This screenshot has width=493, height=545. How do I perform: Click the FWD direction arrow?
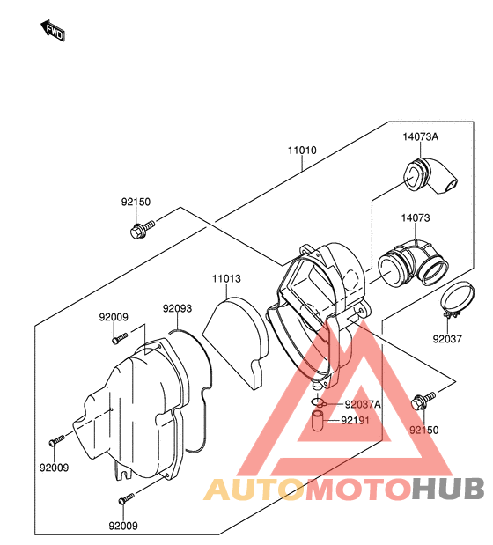53,31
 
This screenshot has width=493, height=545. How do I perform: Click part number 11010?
302,151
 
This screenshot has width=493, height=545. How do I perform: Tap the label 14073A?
421,136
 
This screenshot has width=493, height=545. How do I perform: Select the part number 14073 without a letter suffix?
416,218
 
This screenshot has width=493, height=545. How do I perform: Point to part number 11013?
226,278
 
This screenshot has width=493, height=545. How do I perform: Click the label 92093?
178,308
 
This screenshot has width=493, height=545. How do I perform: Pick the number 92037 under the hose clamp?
447,339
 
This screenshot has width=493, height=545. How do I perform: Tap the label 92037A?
363,404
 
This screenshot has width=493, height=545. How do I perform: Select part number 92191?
355,421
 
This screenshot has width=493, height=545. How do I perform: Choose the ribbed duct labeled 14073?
413,266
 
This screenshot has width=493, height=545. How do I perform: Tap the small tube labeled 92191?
317,421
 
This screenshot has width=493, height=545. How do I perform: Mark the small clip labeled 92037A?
318,402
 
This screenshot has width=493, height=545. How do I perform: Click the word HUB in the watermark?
448,489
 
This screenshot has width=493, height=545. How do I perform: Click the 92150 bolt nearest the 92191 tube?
423,401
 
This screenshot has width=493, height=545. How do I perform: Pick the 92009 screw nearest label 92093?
120,339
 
